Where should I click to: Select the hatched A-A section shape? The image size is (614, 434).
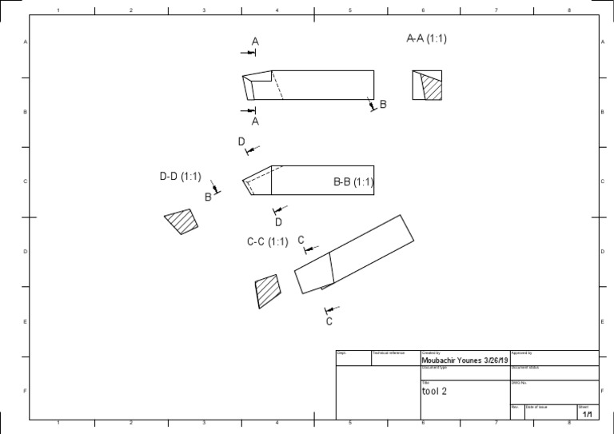point(431,86)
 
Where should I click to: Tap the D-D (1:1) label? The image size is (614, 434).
point(180,177)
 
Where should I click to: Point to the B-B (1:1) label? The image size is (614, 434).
point(353,182)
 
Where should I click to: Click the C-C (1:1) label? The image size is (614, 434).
point(267,241)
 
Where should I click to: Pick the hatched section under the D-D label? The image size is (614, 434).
point(181,221)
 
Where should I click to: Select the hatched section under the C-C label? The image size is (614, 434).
point(268,291)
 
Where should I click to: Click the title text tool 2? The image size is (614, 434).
point(434,392)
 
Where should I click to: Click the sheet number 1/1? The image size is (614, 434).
point(588,414)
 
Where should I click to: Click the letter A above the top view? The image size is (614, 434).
point(255,41)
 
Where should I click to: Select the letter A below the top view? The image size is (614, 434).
point(255,121)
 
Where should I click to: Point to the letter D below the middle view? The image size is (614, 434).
point(279,221)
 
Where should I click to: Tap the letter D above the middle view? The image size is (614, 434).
point(241,141)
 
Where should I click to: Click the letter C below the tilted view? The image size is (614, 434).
point(329,321)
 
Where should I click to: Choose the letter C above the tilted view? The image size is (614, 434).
point(301,240)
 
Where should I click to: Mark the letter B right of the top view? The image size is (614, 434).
point(383,105)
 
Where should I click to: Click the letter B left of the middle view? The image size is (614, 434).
point(208,197)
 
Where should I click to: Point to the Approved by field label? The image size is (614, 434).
point(522,352)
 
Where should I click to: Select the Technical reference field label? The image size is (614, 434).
point(389,352)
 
